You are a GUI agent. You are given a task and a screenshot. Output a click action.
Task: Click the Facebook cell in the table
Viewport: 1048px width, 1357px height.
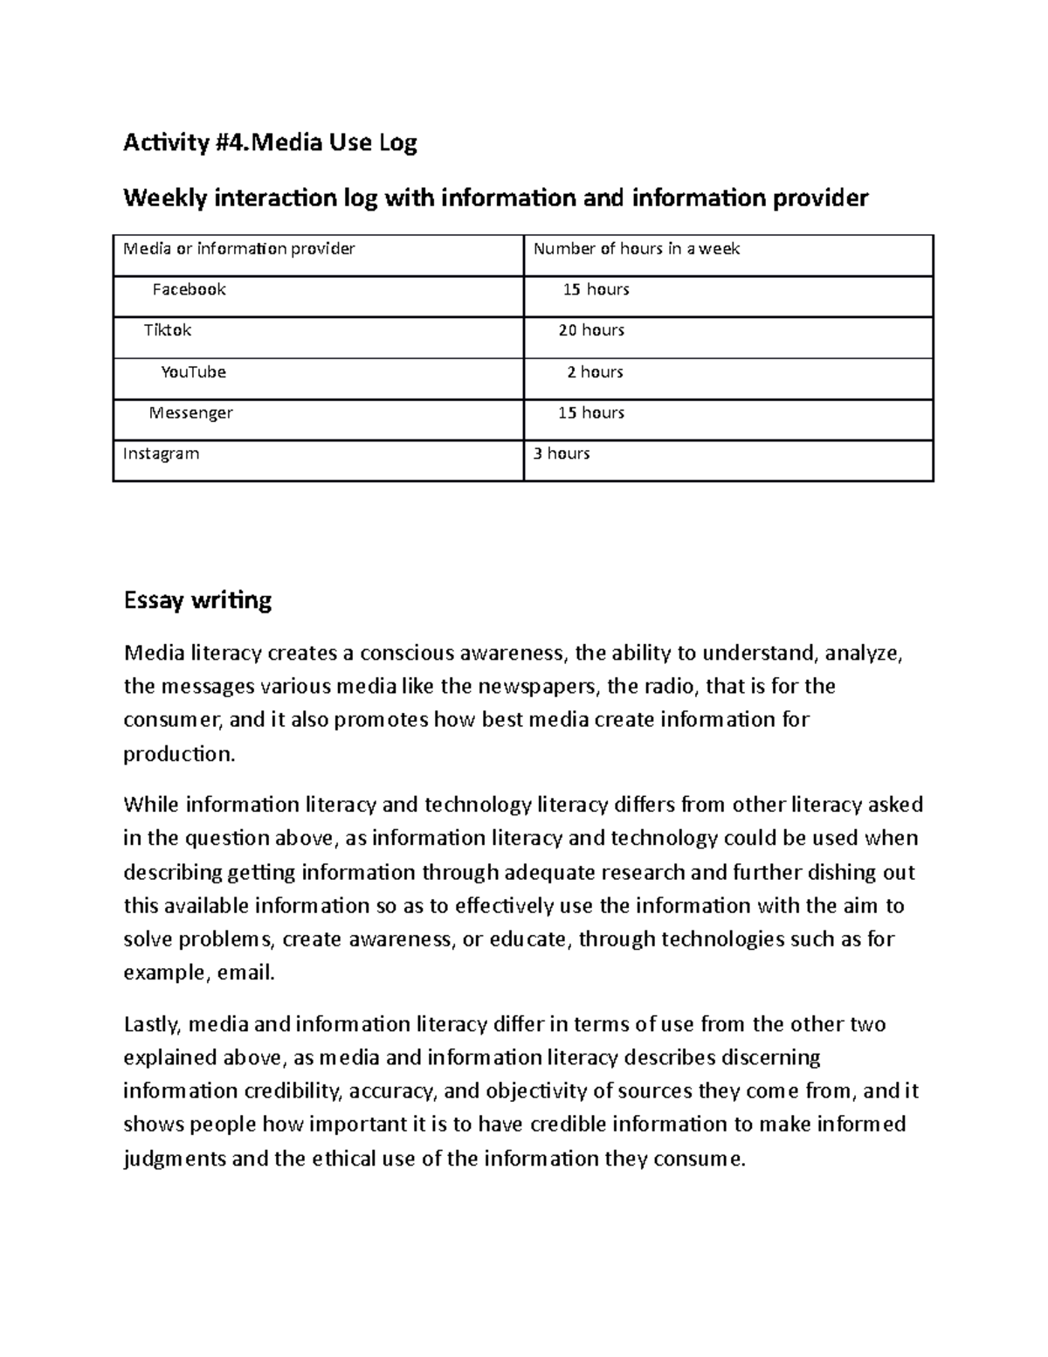[189, 289]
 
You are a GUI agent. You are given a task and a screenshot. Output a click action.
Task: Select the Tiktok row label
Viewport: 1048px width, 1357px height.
[168, 330]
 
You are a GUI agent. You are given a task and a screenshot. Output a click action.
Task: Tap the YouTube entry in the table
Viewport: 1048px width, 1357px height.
[193, 371]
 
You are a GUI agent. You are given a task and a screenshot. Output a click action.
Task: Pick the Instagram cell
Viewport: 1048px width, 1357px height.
[161, 453]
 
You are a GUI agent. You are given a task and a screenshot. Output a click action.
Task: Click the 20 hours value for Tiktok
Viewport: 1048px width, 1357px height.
[591, 330]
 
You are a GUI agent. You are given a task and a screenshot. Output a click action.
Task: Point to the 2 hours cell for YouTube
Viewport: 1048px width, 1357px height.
[595, 371]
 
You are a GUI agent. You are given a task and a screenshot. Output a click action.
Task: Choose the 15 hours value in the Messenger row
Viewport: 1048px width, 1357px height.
[591, 412]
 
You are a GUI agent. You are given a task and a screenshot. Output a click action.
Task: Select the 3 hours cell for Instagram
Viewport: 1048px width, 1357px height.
[562, 453]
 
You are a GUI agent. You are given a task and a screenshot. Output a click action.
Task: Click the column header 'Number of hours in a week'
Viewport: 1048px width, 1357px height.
[637, 249]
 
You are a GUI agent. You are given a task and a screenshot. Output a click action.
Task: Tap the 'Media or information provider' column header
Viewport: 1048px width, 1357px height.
[239, 249]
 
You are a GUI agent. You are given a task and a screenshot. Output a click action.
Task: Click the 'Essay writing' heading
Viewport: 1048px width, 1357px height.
[197, 600]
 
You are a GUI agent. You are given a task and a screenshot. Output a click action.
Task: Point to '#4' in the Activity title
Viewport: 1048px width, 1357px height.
[221, 143]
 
